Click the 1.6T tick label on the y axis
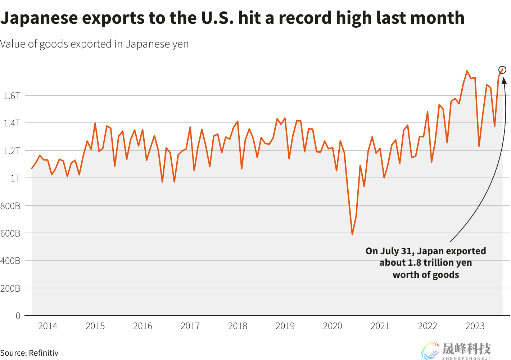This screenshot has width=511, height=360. (12, 96)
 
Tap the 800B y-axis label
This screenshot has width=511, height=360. (10, 206)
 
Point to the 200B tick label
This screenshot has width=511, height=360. (10, 288)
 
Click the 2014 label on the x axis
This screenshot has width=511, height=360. (48, 326)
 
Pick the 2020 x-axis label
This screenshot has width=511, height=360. (333, 326)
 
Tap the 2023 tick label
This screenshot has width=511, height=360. (475, 326)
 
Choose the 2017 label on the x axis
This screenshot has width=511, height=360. (190, 326)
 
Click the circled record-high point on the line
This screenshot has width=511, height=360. (502, 70)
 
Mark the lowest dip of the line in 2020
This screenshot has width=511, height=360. (352, 234)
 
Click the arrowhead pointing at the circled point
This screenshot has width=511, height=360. (504, 80)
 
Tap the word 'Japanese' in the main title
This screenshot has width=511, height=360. (39, 18)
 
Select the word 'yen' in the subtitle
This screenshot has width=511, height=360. (181, 44)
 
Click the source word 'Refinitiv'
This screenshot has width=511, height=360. (44, 353)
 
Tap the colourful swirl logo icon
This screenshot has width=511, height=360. (430, 351)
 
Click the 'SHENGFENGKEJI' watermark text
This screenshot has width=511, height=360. (466, 358)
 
